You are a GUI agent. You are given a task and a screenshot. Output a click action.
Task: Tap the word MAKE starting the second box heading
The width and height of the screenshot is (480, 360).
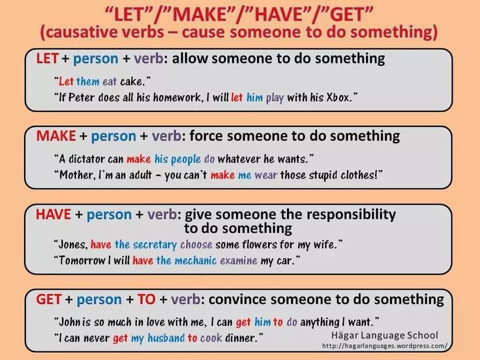coord(57,136)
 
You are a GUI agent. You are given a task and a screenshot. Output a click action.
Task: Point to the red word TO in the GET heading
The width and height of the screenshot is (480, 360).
coord(146,300)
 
